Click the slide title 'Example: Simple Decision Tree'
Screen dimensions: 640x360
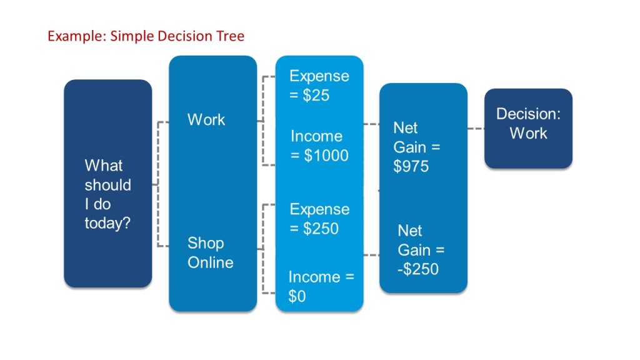pyautogui.click(x=146, y=36)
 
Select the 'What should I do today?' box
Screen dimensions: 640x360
pyautogui.click(x=107, y=183)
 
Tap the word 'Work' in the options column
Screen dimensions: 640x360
pyautogui.click(x=206, y=119)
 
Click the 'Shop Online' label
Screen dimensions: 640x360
pyautogui.click(x=210, y=252)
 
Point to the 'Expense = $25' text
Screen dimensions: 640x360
pyautogui.click(x=319, y=85)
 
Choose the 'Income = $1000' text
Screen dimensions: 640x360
pyautogui.click(x=319, y=146)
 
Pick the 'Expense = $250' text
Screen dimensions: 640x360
pyautogui.click(x=319, y=219)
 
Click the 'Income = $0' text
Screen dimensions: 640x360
pyautogui.click(x=321, y=286)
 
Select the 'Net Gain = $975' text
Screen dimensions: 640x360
pyautogui.click(x=416, y=147)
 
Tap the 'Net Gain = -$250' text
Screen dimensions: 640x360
pyautogui.click(x=421, y=250)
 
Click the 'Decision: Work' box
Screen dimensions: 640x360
pyautogui.click(x=528, y=128)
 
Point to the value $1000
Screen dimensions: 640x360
pyautogui.click(x=326, y=156)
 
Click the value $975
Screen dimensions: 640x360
pyautogui.click(x=411, y=166)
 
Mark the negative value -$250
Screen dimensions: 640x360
pyautogui.click(x=418, y=269)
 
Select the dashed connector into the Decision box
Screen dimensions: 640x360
pyautogui.click(x=476, y=129)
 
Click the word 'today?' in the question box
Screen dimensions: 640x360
pyautogui.click(x=107, y=223)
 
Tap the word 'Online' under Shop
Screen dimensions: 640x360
pyautogui.click(x=210, y=262)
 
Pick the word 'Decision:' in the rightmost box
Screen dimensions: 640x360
pyautogui.click(x=528, y=114)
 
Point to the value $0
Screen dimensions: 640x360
pyautogui.click(x=297, y=297)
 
